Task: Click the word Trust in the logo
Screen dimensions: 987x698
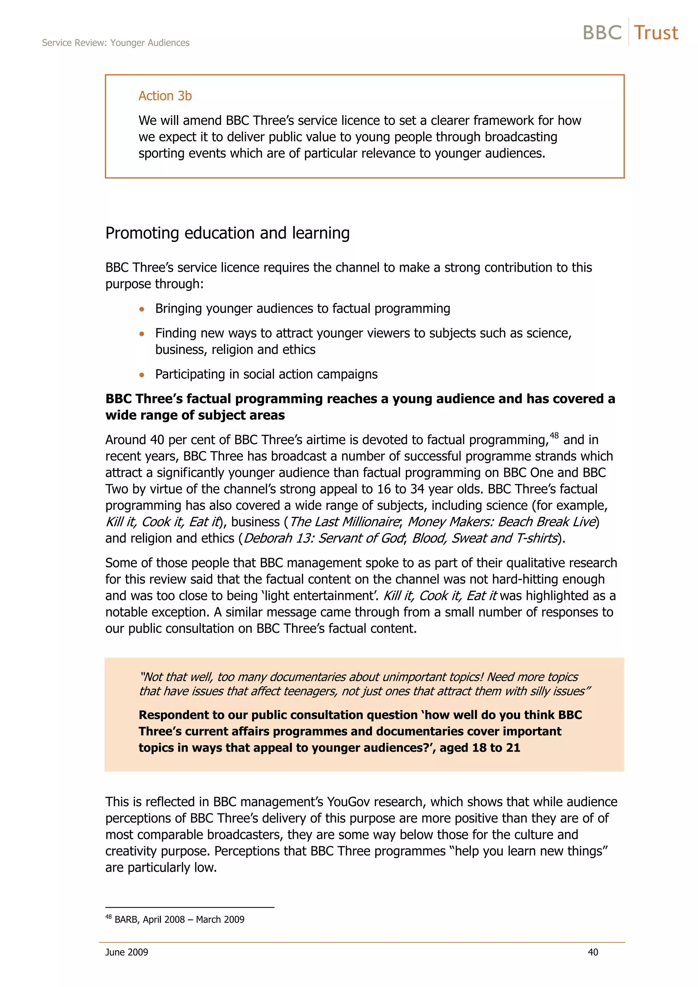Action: pos(655,33)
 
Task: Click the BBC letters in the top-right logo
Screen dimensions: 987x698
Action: pos(602,33)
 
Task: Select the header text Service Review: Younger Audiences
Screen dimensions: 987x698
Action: pos(116,43)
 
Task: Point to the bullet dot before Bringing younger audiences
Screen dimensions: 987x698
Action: pos(141,309)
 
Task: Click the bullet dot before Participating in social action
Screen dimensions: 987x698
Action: pos(141,375)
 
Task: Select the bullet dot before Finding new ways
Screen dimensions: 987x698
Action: pos(141,333)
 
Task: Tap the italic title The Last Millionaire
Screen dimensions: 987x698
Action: pos(345,522)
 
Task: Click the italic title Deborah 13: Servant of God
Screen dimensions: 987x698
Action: pos(324,538)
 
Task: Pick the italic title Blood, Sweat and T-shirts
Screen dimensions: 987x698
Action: pos(485,538)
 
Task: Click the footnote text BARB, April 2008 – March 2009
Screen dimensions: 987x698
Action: pos(179,920)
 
